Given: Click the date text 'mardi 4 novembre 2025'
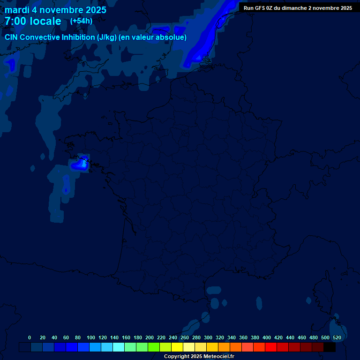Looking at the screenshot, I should (55, 10).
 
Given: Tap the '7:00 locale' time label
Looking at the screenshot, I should (33, 21).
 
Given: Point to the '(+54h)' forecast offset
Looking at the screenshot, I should (81, 21).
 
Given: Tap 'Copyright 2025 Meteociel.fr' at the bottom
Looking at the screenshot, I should (199, 356).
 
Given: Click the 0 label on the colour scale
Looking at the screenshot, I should (30, 337).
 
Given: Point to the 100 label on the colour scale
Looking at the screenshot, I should (91, 337).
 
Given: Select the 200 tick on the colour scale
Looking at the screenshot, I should (150, 337).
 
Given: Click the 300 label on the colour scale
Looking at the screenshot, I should (208, 337).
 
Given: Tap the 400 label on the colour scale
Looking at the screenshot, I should (267, 337).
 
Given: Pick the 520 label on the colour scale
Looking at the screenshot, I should (337, 337).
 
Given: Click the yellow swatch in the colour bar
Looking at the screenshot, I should (177, 347).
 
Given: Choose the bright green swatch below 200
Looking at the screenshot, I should (154, 347).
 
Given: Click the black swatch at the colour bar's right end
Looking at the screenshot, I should (330, 347).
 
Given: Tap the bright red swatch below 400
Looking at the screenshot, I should (271, 347).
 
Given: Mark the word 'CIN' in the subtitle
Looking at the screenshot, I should (11, 37).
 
